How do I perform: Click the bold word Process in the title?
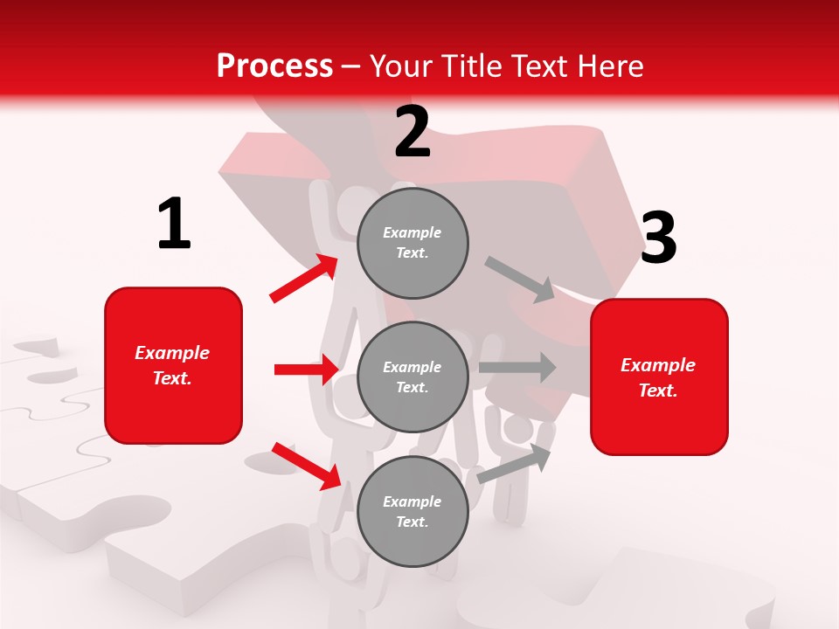tap(274, 66)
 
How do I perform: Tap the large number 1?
tap(174, 225)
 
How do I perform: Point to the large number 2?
tap(413, 132)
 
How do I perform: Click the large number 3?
tap(658, 238)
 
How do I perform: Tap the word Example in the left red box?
tap(172, 353)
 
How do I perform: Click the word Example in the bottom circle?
tap(412, 501)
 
